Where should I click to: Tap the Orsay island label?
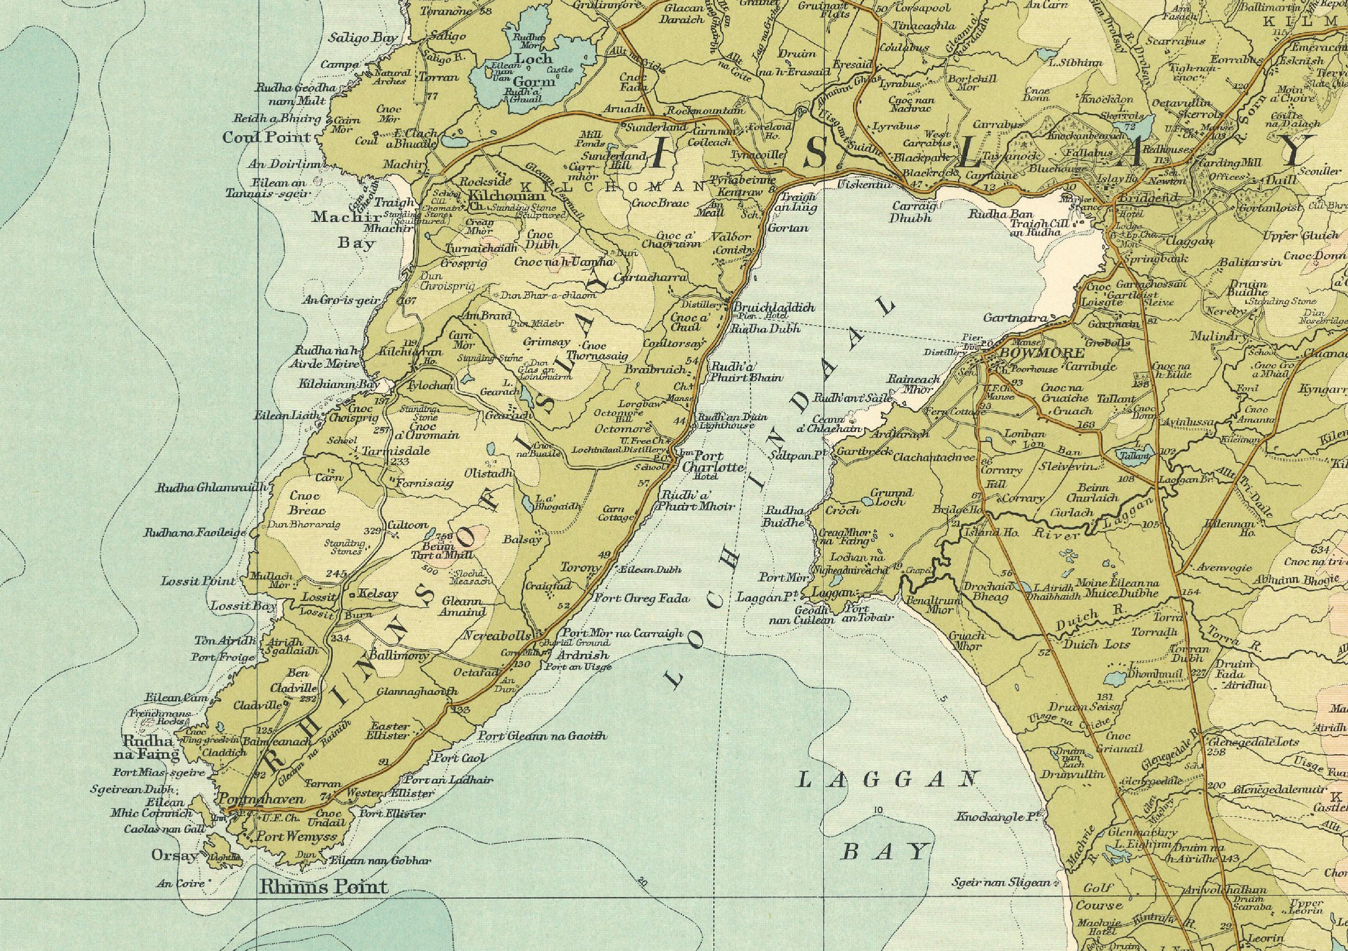click(175, 856)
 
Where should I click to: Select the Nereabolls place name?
click(497, 636)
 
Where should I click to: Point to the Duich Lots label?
click(1097, 644)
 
